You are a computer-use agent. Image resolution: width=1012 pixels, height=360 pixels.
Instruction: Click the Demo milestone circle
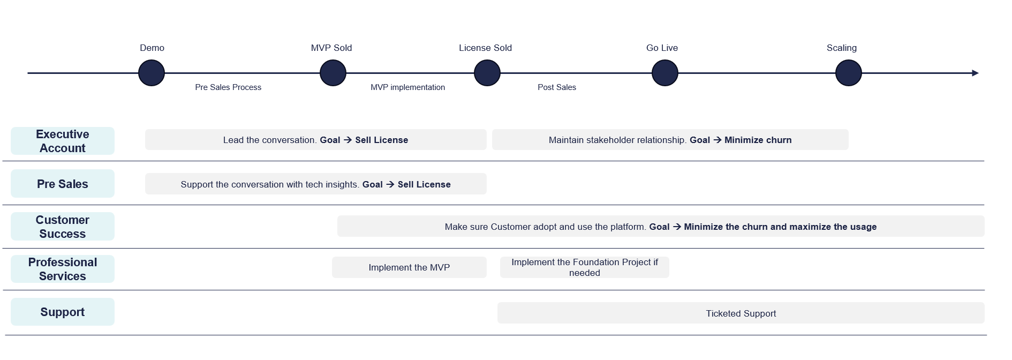(152, 73)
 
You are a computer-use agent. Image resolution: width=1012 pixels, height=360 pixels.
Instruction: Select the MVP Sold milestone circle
(333, 73)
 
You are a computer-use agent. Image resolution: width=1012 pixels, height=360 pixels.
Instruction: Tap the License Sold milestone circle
(487, 73)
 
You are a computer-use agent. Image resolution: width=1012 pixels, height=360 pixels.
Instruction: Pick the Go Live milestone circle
(665, 73)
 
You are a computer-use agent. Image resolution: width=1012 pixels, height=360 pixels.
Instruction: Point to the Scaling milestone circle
(849, 73)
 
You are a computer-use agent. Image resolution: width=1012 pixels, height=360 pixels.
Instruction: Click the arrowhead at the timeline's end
(975, 73)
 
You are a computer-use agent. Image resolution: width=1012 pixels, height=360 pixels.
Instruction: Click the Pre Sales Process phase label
(228, 87)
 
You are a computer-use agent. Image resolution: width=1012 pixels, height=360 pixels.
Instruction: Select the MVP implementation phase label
(407, 87)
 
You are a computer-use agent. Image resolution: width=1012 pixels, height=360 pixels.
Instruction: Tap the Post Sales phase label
(557, 87)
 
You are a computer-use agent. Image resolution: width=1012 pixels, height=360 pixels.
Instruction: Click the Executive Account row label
(63, 141)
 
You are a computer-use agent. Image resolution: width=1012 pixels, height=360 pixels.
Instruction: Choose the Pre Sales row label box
(63, 184)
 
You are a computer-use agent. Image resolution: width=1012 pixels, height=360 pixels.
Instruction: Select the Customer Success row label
(63, 227)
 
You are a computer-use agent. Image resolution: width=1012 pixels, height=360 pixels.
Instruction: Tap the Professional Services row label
(63, 269)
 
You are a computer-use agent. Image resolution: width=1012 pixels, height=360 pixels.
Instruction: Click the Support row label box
(63, 312)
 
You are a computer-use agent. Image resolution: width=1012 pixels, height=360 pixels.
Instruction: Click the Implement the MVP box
(409, 267)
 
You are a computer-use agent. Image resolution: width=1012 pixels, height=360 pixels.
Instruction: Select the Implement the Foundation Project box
(584, 267)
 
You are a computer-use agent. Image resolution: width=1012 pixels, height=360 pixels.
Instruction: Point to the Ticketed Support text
(741, 313)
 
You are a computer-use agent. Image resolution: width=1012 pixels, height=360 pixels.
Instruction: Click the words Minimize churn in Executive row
(758, 140)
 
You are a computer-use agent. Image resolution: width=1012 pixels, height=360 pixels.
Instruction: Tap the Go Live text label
(662, 48)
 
